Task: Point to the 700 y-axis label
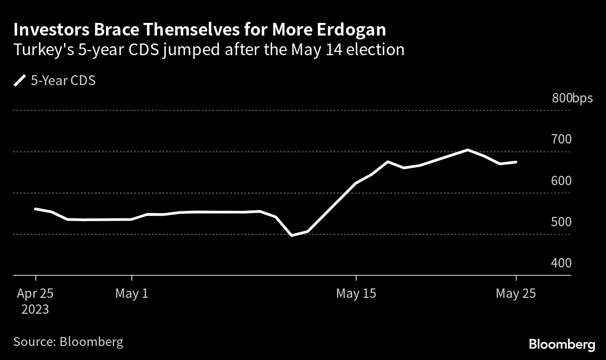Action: pyautogui.click(x=561, y=139)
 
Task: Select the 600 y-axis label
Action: pyautogui.click(x=561, y=180)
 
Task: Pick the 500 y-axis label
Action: pyautogui.click(x=561, y=222)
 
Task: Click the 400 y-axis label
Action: pyautogui.click(x=561, y=263)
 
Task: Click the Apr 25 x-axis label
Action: pyautogui.click(x=36, y=294)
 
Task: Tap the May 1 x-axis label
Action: pyautogui.click(x=131, y=294)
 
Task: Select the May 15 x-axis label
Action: pyautogui.click(x=356, y=294)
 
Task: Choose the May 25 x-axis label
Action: pyautogui.click(x=516, y=294)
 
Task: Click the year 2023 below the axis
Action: pyautogui.click(x=36, y=309)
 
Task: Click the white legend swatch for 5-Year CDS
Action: pyautogui.click(x=20, y=81)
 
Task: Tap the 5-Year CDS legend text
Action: pyautogui.click(x=63, y=81)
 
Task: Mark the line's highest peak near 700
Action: pyautogui.click(x=467, y=150)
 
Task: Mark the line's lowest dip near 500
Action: pyautogui.click(x=292, y=235)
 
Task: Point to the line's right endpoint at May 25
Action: pyautogui.click(x=516, y=162)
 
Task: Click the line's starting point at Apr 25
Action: pyautogui.click(x=36, y=209)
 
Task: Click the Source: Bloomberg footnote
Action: pyautogui.click(x=68, y=341)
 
